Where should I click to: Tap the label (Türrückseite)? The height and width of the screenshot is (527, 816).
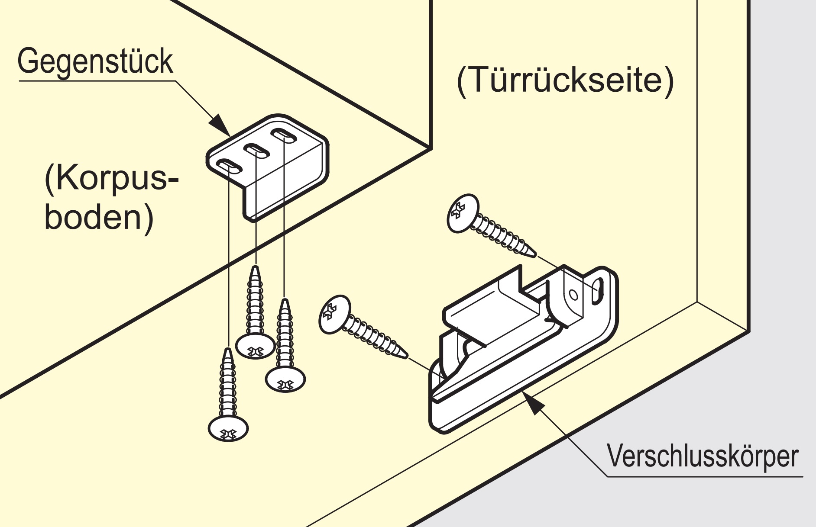[565, 80]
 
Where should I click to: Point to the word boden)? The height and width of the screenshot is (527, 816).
[99, 217]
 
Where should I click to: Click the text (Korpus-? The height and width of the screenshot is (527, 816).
[111, 178]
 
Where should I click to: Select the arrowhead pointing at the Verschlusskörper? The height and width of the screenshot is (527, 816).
[534, 404]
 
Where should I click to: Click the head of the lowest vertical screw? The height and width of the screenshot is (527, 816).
[228, 429]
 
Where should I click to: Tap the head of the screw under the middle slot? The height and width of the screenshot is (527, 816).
[256, 346]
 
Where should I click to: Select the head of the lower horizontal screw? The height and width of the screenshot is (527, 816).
[334, 314]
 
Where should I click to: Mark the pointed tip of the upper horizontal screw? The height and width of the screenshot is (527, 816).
[534, 254]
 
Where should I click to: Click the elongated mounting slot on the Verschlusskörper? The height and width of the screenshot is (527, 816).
[598, 290]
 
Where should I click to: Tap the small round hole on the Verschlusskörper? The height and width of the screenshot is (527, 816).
[573, 295]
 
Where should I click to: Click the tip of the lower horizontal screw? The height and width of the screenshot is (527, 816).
[406, 356]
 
